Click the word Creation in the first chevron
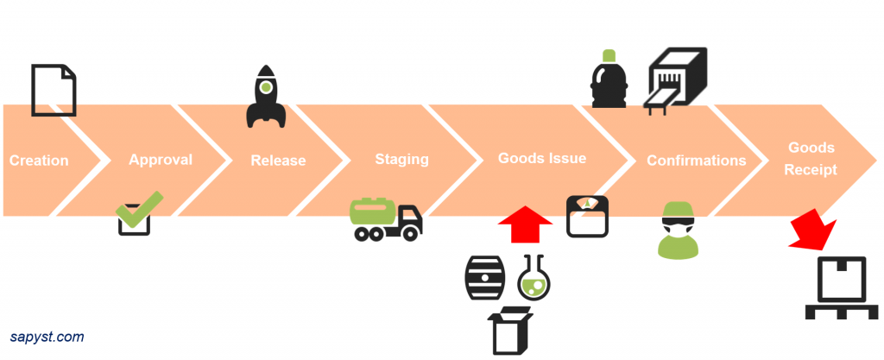pos(39,161)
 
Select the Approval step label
pos(161,160)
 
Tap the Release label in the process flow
pos(278,161)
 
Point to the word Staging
pos(401,160)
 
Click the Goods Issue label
pos(542,159)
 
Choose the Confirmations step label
pos(697,161)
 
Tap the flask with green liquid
pos(534,278)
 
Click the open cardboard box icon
pos(509,330)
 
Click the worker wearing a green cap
pos(678,231)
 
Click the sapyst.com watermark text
pos(47,338)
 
